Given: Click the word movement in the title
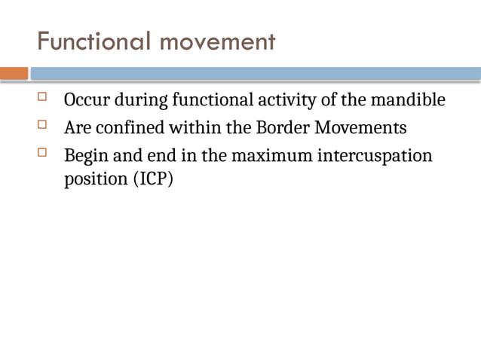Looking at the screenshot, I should pos(216,41).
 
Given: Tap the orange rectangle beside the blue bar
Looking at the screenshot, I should pos(14,74).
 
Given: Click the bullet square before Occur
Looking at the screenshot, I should pos(42,97).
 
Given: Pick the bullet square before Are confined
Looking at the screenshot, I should pos(42,125).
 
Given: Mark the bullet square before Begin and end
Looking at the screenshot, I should pos(42,153).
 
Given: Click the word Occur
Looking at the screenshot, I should pos(87,100).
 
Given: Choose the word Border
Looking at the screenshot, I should pos(282,128).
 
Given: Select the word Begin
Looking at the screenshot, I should pos(85,156).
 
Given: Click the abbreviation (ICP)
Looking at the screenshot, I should pos(152,181).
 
